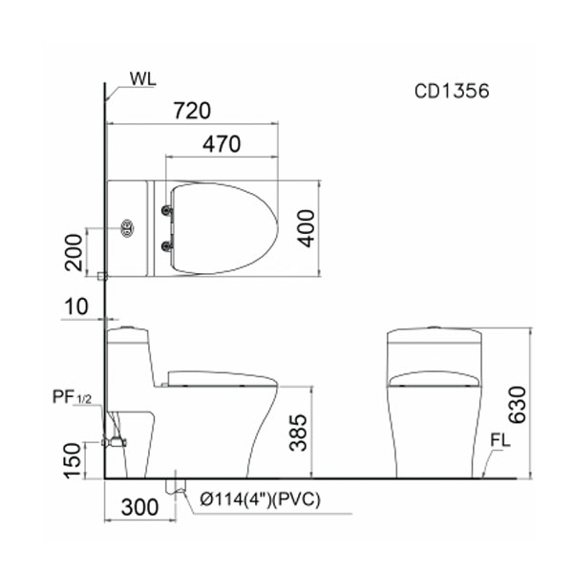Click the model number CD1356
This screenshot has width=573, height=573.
pos(452,91)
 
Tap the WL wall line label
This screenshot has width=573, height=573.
pos(143,79)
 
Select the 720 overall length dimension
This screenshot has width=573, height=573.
pos(192,111)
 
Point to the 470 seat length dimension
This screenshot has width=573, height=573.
pos(222,144)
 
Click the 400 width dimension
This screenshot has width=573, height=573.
pos(306,228)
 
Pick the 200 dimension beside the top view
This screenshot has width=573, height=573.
pos(74,252)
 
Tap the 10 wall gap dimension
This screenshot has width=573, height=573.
pos(76,307)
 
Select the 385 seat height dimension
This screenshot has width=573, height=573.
pos(298,433)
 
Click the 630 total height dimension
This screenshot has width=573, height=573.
pos(518,405)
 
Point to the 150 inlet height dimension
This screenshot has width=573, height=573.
pos(72,460)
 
